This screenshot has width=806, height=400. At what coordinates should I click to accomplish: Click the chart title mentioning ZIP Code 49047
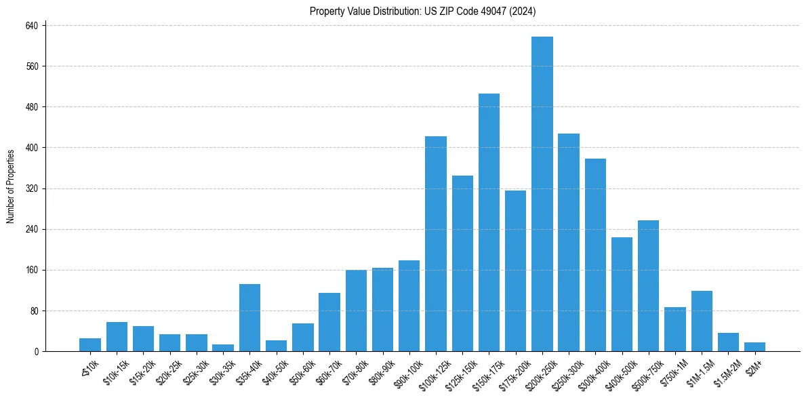point(423,11)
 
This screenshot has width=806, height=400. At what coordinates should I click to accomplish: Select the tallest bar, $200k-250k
point(542,194)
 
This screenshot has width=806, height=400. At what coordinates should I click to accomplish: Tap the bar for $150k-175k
point(489,222)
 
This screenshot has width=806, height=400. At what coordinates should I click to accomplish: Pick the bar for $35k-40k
point(249,317)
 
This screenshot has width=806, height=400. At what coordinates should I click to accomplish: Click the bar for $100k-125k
point(436,244)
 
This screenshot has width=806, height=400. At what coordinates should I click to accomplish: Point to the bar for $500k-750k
point(649,285)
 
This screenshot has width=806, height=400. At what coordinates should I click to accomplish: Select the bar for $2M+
point(754,346)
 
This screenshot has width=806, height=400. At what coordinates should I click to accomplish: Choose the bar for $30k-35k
point(223,348)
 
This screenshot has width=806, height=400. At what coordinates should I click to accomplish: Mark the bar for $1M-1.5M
point(702,321)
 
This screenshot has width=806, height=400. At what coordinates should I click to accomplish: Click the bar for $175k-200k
point(515,271)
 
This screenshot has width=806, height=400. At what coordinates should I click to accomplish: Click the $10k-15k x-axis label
point(115,371)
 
